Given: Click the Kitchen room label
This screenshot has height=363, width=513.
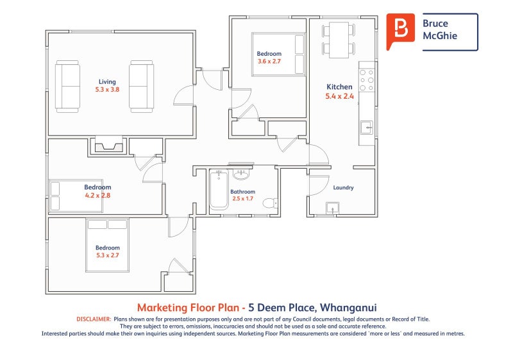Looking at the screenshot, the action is (x=339, y=87).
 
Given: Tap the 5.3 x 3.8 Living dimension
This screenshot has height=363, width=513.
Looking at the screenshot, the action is (x=107, y=89).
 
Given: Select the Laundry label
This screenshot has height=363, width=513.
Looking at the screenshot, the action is (x=343, y=187).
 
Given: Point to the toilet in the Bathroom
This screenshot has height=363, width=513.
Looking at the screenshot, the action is (x=270, y=203).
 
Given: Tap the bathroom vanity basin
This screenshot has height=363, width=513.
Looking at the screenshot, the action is (x=242, y=174).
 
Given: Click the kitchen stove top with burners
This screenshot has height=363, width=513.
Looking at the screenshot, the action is (x=367, y=80).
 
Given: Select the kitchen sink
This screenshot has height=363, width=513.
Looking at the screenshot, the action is (x=367, y=128).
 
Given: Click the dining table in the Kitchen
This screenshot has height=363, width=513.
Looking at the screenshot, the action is (x=339, y=40).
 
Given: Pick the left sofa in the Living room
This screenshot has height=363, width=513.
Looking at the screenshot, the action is (x=67, y=87).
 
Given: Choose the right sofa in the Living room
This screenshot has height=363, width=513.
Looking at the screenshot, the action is (x=141, y=87).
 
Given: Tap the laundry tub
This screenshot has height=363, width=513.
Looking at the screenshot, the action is (x=332, y=208).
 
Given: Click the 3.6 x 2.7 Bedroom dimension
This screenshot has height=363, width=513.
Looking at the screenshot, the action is (x=269, y=61).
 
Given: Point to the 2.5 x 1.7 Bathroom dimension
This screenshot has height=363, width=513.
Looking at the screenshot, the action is (x=243, y=198).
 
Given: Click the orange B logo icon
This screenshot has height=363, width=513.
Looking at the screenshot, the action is (x=400, y=31).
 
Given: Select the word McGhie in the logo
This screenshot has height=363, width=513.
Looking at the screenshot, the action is (x=440, y=36).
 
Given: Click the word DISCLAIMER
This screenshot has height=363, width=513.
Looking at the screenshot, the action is (x=94, y=319).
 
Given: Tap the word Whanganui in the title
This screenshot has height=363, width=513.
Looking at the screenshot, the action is (x=348, y=308).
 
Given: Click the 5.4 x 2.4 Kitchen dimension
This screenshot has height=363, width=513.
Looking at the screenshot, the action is (x=339, y=96).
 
